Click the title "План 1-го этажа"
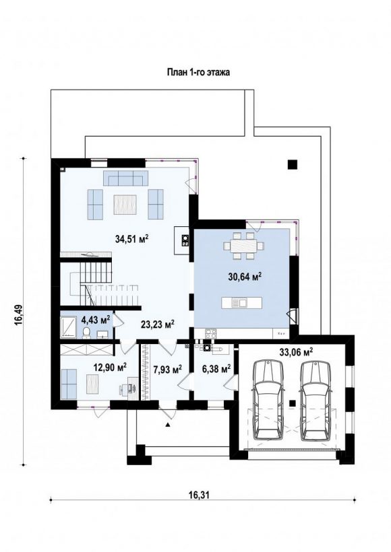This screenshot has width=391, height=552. tap(198, 73)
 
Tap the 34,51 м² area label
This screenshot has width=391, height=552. tap(131, 239)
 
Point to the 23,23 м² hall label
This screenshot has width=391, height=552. tap(158, 324)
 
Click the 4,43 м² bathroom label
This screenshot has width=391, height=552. tap(96, 320)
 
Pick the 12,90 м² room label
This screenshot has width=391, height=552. tap(110, 368)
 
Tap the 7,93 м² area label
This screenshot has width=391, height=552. tap(167, 370)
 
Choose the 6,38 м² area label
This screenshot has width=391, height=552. tap(216, 369)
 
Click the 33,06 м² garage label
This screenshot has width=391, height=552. tap(296, 351)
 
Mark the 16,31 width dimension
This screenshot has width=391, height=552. tap(199, 495)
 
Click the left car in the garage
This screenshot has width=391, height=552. tap(268, 399)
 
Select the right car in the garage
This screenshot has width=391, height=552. tap(316, 399)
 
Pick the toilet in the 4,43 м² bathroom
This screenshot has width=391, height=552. tap(86, 333)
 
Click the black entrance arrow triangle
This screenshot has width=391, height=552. tap(168, 425)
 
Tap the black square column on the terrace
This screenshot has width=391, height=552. tap(293, 164)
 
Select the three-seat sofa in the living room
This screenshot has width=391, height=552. tap(125, 178)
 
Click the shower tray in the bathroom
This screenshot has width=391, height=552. tap(67, 327)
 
